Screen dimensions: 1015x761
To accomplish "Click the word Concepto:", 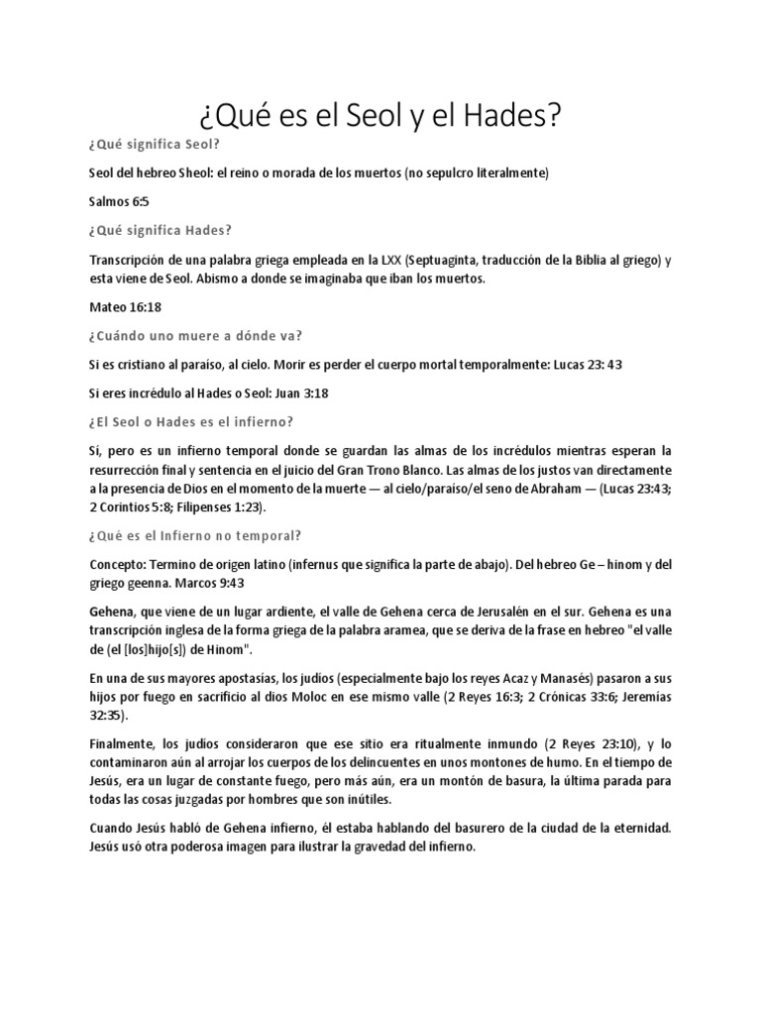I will (117, 564).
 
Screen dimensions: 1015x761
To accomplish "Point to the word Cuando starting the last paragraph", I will (112, 829).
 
